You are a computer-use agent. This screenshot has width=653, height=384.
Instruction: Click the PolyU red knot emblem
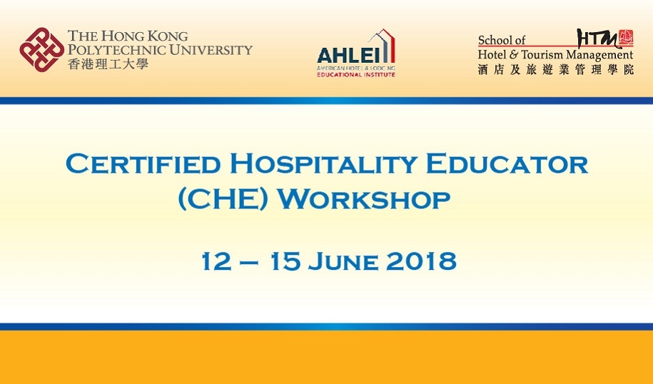41,49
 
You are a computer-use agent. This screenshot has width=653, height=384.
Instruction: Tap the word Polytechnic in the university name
117,50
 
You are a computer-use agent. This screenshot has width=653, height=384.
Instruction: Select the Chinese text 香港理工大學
108,64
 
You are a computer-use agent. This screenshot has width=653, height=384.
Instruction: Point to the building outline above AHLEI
382,45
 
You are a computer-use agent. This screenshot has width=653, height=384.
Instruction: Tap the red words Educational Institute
356,74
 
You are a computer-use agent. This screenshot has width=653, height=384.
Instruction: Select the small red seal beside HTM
626,37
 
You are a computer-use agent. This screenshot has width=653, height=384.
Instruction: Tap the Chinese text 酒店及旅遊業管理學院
555,69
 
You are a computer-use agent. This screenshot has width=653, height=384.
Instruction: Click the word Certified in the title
143,163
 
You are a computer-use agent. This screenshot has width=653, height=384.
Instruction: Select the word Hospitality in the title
323,163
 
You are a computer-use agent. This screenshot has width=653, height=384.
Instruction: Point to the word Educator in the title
507,163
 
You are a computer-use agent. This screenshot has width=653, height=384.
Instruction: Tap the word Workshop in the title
364,199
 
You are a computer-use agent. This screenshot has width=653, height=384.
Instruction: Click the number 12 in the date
216,261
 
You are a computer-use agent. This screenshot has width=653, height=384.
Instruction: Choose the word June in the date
343,261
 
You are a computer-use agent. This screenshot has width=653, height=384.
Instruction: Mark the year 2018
421,261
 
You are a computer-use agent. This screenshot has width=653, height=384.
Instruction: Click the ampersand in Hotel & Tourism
514,54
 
